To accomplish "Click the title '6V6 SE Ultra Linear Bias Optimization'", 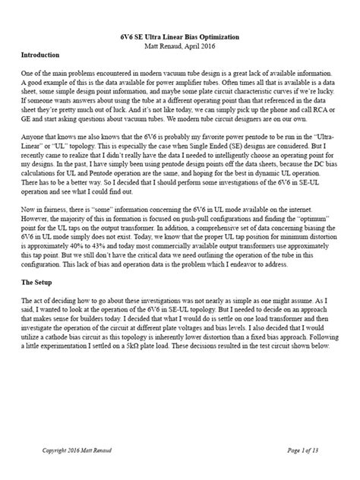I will (180, 36).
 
